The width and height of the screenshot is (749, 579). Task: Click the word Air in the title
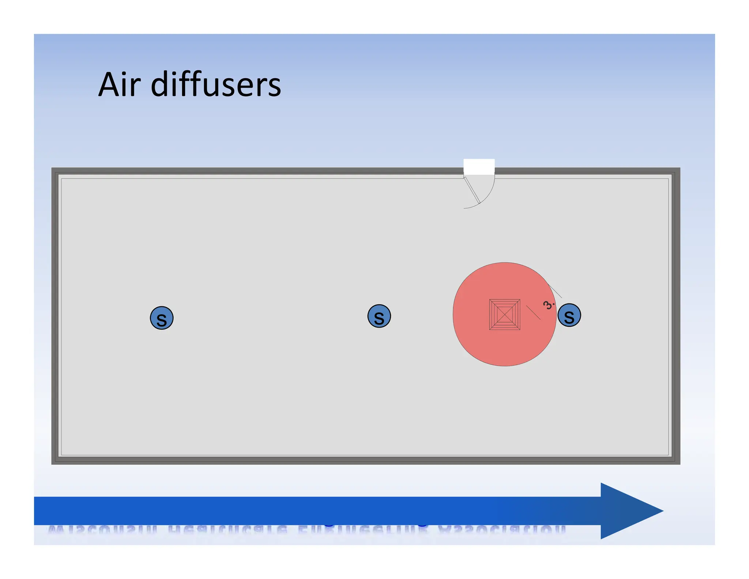(x=119, y=85)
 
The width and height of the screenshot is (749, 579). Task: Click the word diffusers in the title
(x=216, y=85)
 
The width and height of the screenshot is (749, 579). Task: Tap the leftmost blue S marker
(x=162, y=318)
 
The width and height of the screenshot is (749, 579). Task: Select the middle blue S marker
(x=379, y=316)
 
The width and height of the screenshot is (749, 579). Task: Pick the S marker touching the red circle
(x=569, y=315)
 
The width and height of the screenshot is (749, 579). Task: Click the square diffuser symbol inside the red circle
(x=505, y=314)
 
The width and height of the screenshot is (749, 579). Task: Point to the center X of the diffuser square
(x=505, y=314)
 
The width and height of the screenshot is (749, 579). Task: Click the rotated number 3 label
(x=548, y=305)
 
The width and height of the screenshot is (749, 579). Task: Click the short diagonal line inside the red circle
(x=533, y=313)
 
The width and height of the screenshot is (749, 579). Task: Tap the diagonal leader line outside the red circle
(x=556, y=292)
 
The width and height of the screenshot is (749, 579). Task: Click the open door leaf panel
(x=472, y=190)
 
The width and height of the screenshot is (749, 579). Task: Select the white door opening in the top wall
(x=479, y=167)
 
